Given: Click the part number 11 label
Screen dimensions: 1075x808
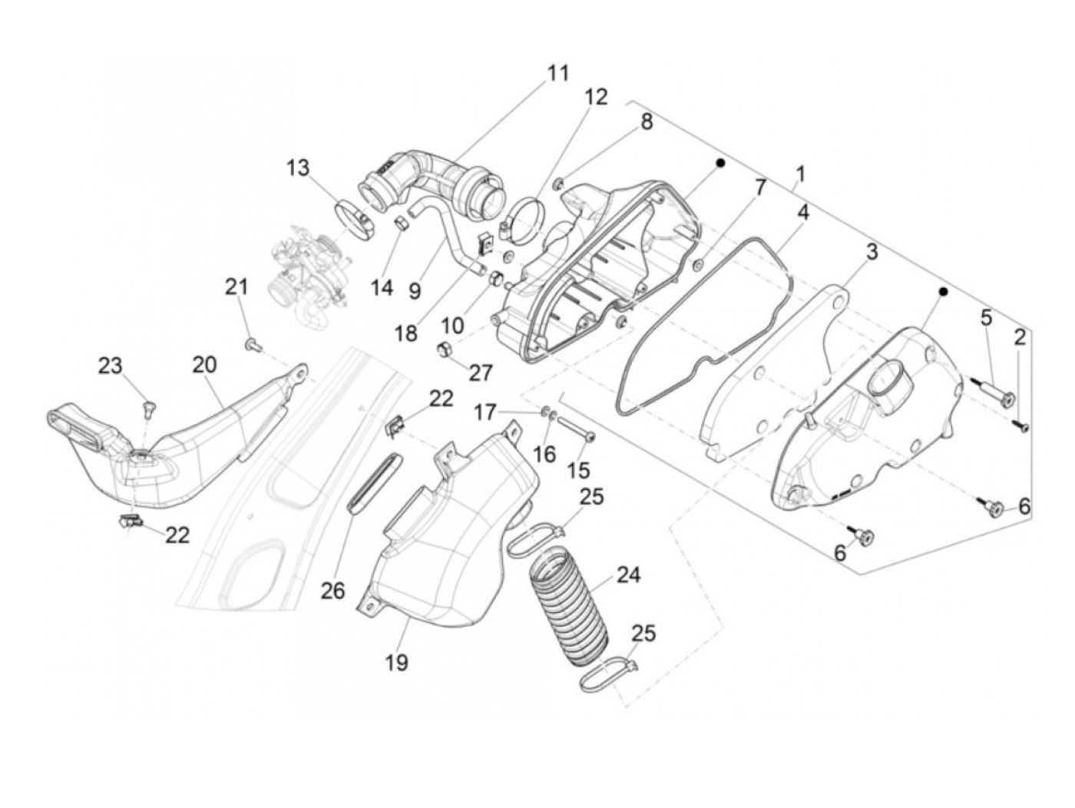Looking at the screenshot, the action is (x=558, y=74).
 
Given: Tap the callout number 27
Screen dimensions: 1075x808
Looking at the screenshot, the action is (x=481, y=373).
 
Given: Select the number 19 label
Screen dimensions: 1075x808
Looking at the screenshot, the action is (x=397, y=661).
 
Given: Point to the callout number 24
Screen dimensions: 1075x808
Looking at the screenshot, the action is (x=628, y=575).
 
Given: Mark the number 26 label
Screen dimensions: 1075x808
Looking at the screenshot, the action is (x=333, y=591).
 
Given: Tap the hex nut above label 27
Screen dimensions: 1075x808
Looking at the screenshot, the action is (x=444, y=351).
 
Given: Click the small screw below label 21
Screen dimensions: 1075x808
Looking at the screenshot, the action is (x=251, y=345).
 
